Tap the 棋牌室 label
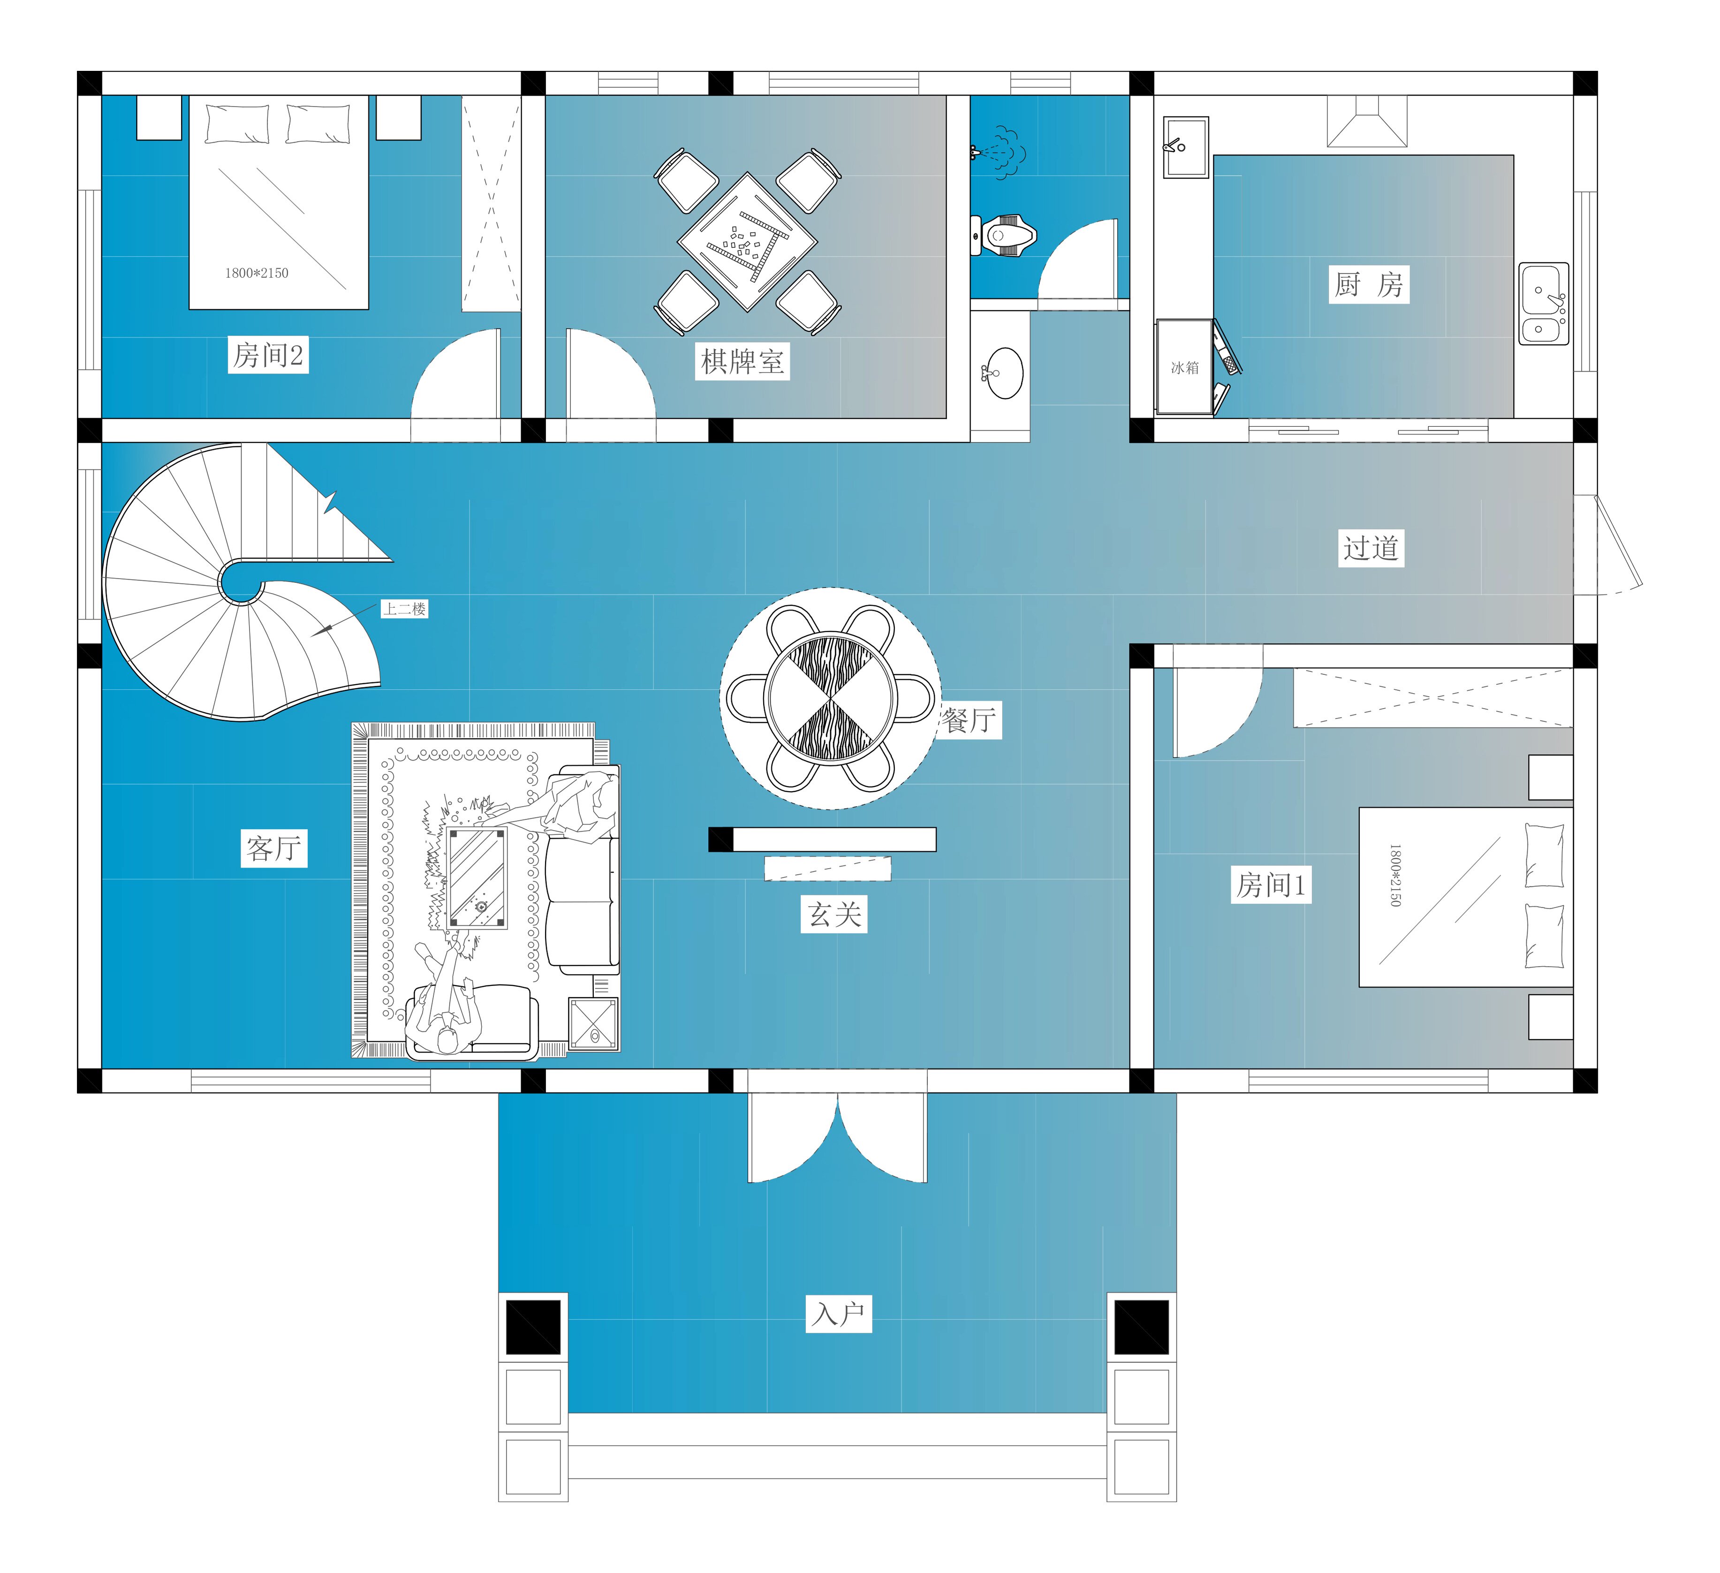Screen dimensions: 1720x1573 click(x=742, y=361)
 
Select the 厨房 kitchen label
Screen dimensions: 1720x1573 click(x=1369, y=284)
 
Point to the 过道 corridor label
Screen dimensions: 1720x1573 click(x=1371, y=547)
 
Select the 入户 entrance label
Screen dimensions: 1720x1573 click(x=839, y=1313)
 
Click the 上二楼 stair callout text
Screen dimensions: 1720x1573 click(x=404, y=609)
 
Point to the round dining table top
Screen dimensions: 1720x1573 click(x=830, y=697)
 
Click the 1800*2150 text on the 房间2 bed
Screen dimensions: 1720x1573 click(x=257, y=273)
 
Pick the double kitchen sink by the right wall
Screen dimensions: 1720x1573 click(x=1543, y=304)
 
